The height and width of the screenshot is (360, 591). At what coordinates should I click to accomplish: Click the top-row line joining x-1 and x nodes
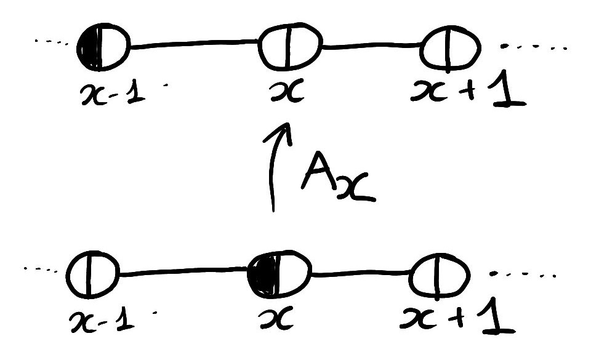pyautogui.click(x=194, y=44)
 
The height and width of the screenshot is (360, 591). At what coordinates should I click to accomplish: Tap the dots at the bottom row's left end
pyautogui.click(x=44, y=269)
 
